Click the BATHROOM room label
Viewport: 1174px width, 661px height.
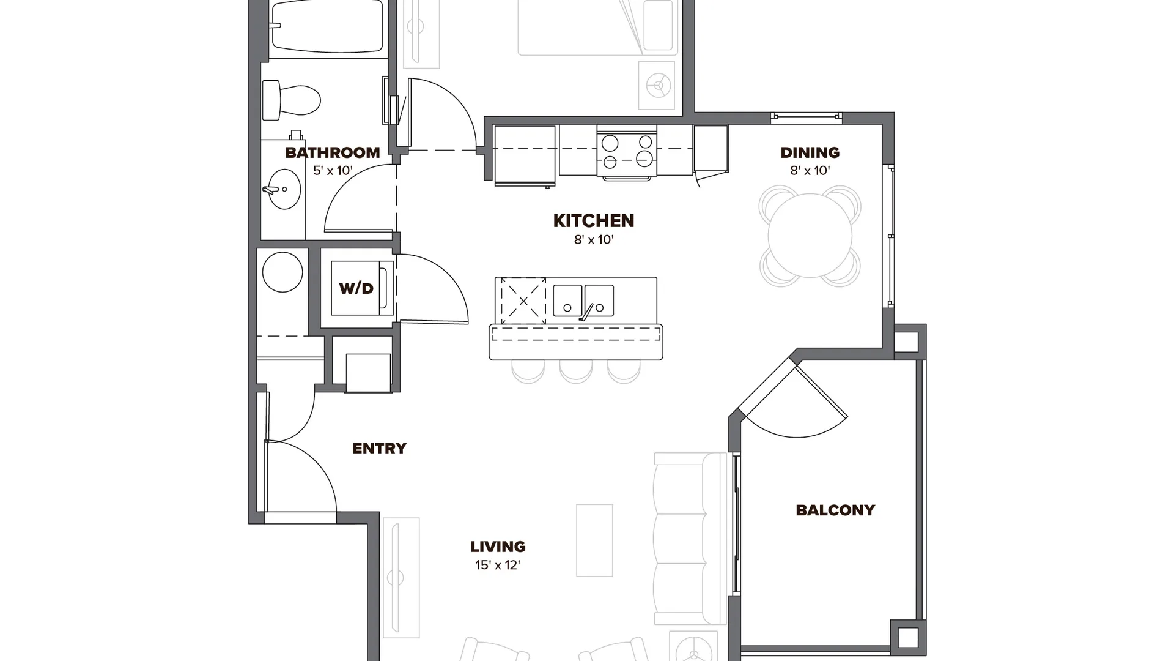333,152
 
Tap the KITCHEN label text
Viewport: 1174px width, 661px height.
594,220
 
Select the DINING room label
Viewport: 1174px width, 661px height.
810,152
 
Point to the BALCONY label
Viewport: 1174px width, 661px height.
835,510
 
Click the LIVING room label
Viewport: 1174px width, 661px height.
498,547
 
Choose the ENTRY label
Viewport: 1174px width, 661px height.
379,448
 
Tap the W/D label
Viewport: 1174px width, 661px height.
356,288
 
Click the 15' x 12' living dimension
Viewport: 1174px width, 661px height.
498,565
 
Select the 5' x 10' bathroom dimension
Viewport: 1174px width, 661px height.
333,171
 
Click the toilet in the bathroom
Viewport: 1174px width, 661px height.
291,100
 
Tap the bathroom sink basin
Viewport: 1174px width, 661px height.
284,189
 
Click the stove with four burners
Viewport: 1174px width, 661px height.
627,152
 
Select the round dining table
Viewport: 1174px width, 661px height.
810,236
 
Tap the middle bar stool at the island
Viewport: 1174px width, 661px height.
576,371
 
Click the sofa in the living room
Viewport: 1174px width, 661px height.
690,538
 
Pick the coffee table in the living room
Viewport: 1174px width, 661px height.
594,540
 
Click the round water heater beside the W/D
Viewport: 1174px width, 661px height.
282,272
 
